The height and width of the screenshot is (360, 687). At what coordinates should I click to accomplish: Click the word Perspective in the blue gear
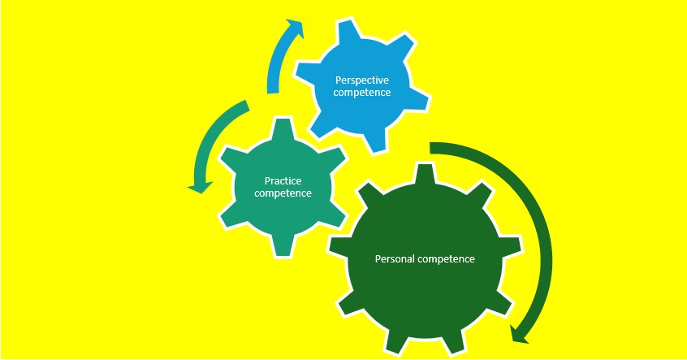pos(362,80)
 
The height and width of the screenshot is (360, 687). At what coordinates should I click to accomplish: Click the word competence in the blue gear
pos(362,93)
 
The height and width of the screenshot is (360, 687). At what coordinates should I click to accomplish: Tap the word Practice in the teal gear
pos(283,180)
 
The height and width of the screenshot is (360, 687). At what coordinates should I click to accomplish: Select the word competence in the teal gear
pos(283,193)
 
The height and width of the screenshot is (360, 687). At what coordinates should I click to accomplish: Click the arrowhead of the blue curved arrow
pos(296,28)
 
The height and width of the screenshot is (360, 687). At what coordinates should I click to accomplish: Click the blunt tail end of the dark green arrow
pos(434,147)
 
